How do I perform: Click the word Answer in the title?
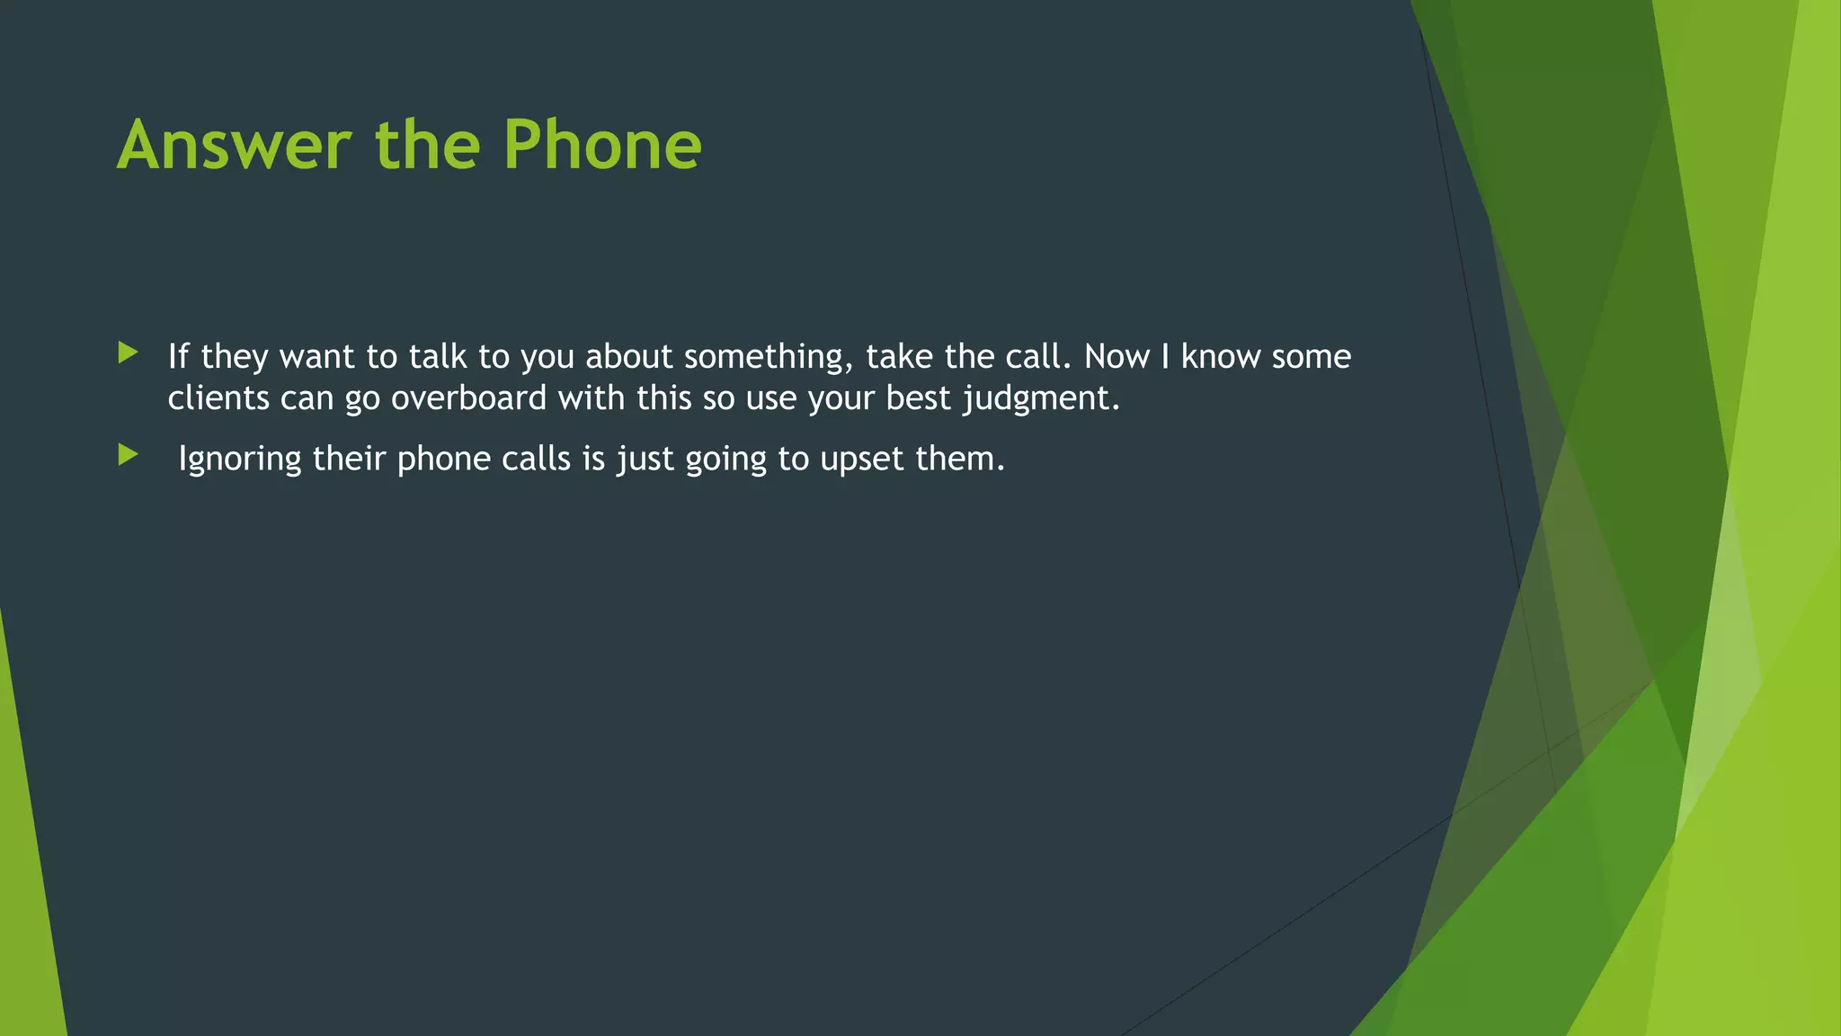point(235,145)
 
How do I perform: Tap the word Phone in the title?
point(601,145)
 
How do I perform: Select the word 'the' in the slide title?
point(427,145)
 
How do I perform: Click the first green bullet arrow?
point(128,353)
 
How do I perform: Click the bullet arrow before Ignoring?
point(128,455)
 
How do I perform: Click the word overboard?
point(468,398)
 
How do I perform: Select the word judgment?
point(1041,398)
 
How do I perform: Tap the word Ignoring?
point(239,460)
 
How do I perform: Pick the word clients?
point(218,398)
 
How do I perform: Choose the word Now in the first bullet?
point(1116,357)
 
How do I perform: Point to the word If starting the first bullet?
point(178,357)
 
